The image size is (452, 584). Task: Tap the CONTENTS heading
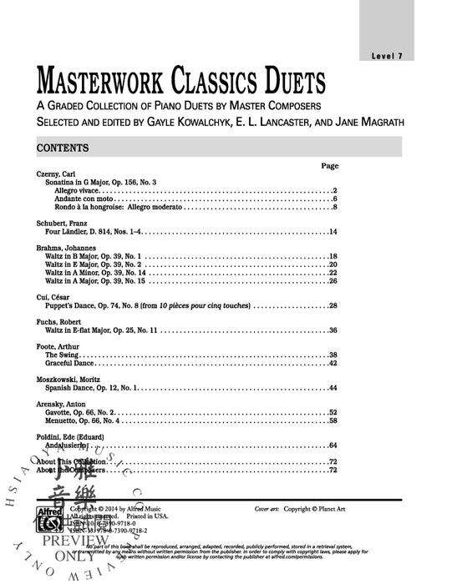point(63,148)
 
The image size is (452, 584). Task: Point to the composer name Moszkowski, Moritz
point(70,380)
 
